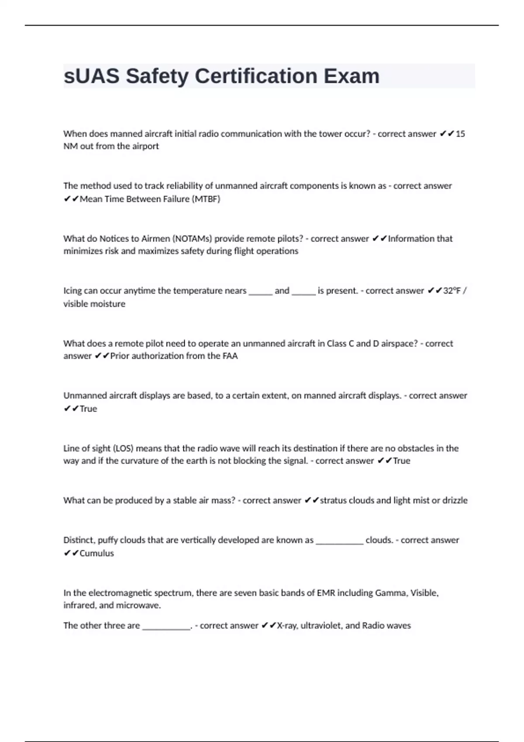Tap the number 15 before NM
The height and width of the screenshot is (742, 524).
(x=460, y=134)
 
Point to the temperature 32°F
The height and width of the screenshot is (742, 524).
(x=452, y=291)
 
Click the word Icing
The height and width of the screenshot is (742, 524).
(x=72, y=291)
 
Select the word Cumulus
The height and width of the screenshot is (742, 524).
(x=97, y=553)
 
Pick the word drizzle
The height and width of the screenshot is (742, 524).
(x=455, y=500)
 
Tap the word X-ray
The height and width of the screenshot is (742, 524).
(x=286, y=625)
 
